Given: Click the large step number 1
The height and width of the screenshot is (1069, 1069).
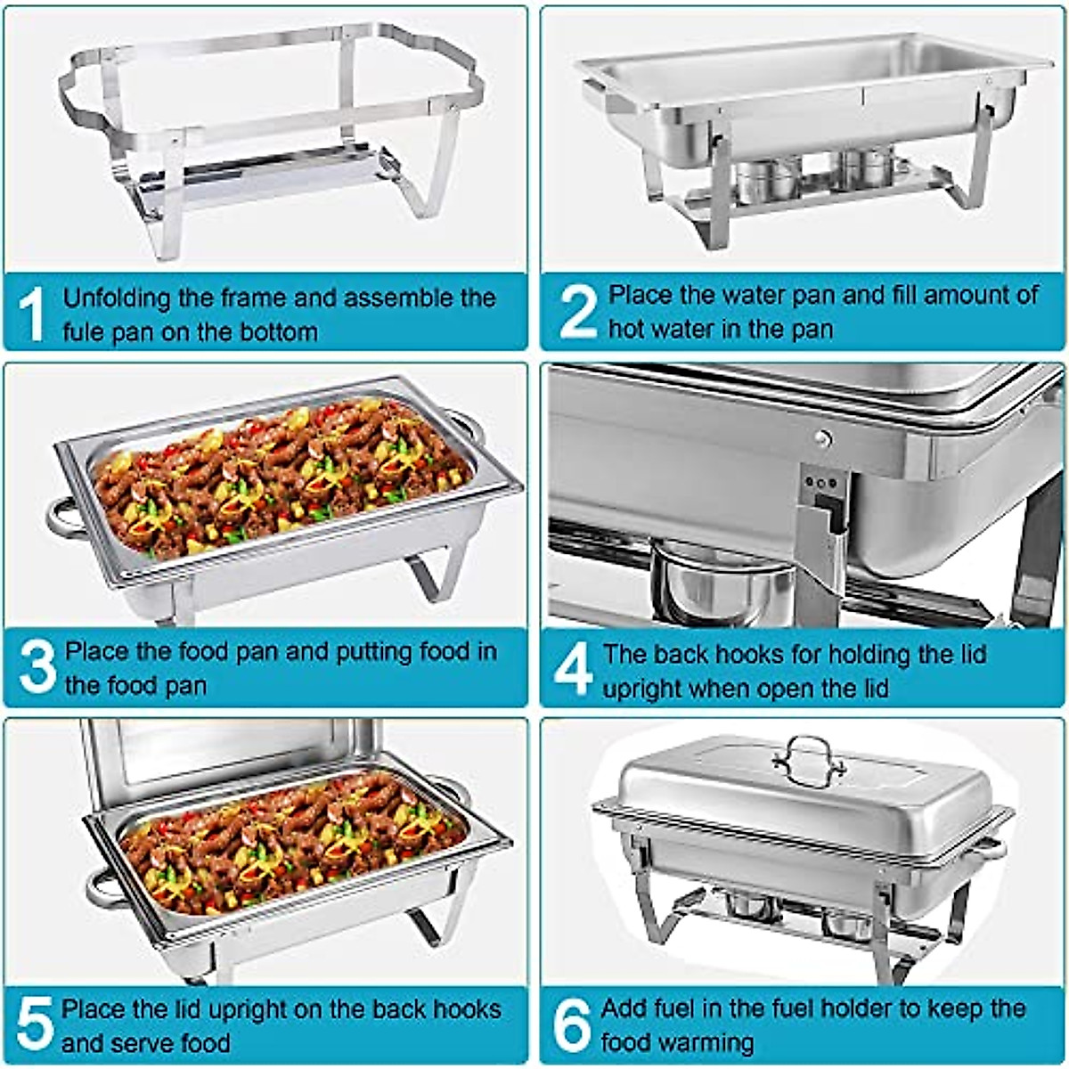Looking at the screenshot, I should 31,314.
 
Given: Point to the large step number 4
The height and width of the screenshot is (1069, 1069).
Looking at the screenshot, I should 572,670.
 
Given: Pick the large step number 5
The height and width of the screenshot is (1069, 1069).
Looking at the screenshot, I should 34,1024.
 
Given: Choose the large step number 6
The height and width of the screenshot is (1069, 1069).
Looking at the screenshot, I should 572,1024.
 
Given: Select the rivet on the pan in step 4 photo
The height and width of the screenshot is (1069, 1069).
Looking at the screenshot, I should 823,437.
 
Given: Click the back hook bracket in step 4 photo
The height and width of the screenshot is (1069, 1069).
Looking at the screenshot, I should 824,526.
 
